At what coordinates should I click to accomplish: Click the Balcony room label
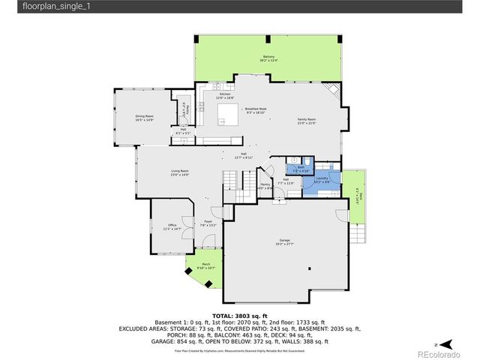(x=268, y=58)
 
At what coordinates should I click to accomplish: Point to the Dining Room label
(x=144, y=118)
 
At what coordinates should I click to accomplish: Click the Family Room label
(x=306, y=121)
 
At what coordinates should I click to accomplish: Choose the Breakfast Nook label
(x=256, y=110)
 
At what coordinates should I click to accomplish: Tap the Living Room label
(x=179, y=172)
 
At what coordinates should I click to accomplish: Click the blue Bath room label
(x=300, y=170)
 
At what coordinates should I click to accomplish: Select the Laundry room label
(x=322, y=180)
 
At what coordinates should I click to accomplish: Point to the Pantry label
(x=265, y=185)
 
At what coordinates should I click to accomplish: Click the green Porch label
(x=205, y=267)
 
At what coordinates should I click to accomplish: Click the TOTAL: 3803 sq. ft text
(x=240, y=316)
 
